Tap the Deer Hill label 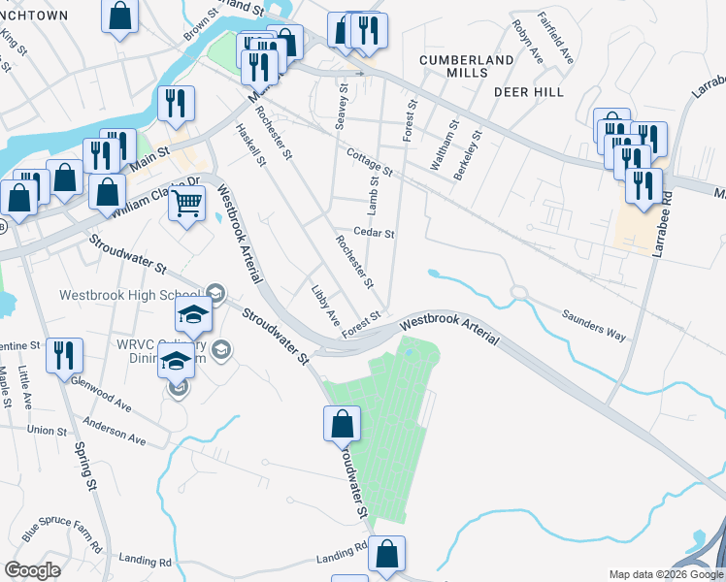(x=529, y=92)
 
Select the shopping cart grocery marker (x=187, y=205)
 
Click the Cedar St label (x=375, y=233)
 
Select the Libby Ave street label (x=325, y=304)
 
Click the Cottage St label (x=369, y=162)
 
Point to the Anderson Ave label (x=113, y=432)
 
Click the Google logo (x=32, y=569)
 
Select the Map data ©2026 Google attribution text (x=665, y=574)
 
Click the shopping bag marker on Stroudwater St (x=342, y=424)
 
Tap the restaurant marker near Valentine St (x=64, y=355)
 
